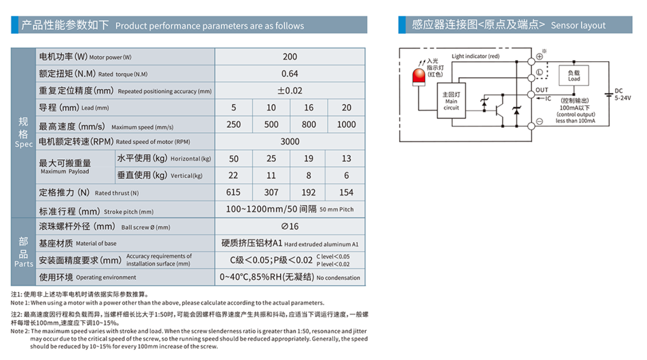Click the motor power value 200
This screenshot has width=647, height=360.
289,57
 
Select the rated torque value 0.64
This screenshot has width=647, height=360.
289,74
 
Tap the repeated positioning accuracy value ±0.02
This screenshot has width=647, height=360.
289,91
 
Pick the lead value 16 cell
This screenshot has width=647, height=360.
309,108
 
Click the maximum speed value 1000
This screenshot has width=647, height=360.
346,125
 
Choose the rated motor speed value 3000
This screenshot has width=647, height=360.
289,141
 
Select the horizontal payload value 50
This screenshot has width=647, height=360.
234,159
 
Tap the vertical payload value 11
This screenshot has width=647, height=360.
271,176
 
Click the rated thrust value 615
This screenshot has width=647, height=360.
234,193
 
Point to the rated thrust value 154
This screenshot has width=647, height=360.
346,193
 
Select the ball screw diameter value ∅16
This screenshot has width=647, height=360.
289,226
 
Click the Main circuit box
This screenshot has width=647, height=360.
451,101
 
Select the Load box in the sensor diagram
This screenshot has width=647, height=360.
574,76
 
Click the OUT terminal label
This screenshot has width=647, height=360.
542,90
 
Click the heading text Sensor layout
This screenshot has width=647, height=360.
578,26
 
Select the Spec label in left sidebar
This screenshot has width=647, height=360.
23,145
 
